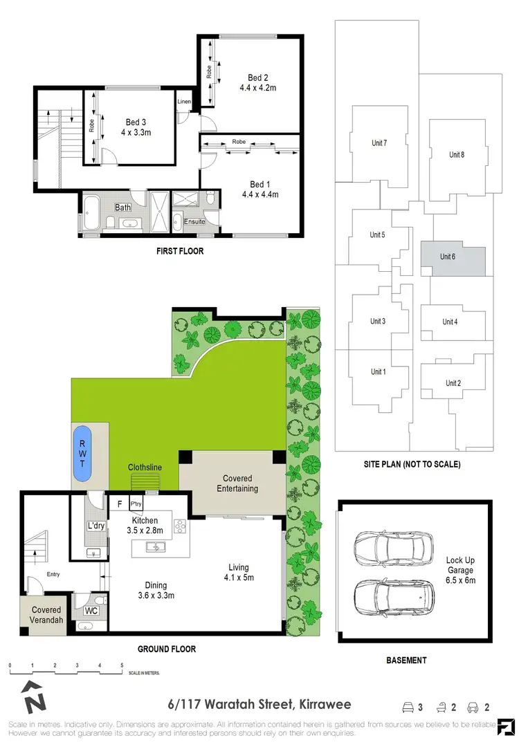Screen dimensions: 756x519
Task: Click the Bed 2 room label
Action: point(258,77)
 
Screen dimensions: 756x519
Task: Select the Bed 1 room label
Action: point(259,184)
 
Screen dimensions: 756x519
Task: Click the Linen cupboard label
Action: point(184,102)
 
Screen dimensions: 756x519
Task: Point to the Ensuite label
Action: point(194,221)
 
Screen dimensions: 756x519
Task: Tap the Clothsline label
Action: point(145,468)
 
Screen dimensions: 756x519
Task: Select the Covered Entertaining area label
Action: point(237,483)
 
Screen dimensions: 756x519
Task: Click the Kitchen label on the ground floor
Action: point(145,520)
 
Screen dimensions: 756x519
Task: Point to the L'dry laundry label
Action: point(95,526)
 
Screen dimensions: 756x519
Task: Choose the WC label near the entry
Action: point(91,611)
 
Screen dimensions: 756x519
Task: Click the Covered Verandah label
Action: point(46,616)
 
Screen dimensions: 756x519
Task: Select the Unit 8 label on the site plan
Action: point(457,154)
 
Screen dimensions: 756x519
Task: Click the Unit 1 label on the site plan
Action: point(377,371)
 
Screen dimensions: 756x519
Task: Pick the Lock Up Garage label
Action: point(460,565)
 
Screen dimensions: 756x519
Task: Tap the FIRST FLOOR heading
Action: point(180,251)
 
